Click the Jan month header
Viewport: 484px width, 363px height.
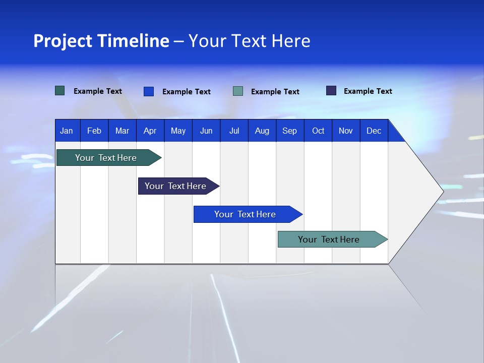(67, 131)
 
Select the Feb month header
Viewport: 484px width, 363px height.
(94, 131)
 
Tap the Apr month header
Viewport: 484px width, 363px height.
(150, 131)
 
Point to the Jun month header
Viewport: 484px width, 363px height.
(206, 131)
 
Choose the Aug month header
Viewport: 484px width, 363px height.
(262, 131)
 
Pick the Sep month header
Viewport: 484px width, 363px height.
(289, 131)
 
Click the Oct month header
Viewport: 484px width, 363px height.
(318, 131)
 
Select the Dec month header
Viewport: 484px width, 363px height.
(374, 131)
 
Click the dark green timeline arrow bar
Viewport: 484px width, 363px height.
(106, 158)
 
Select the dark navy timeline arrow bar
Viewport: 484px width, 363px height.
(175, 186)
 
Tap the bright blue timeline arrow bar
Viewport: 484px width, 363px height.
(245, 214)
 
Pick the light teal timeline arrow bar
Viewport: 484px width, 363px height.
(329, 239)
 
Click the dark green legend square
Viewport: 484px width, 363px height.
(60, 91)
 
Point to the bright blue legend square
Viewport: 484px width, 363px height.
(149, 91)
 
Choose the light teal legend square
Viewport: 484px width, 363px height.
(238, 91)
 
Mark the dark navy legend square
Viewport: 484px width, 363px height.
(331, 91)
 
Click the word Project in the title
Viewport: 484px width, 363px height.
(63, 41)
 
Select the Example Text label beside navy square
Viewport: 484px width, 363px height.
(368, 91)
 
